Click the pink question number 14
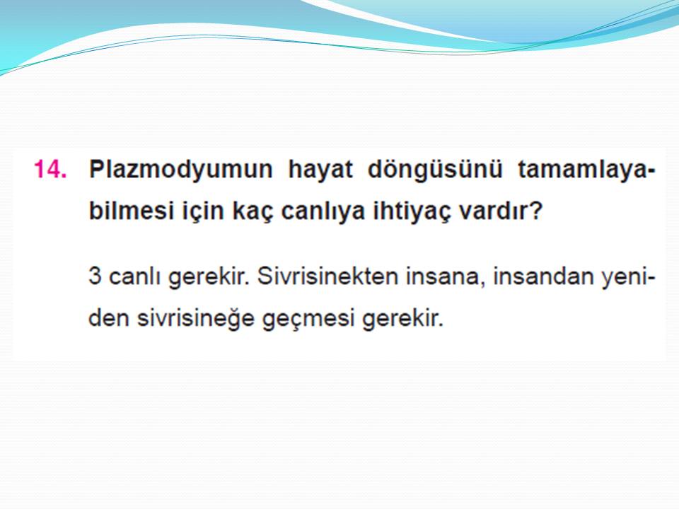pyautogui.click(x=50, y=169)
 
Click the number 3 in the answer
pyautogui.click(x=95, y=276)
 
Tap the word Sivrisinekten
pyautogui.click(x=327, y=276)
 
